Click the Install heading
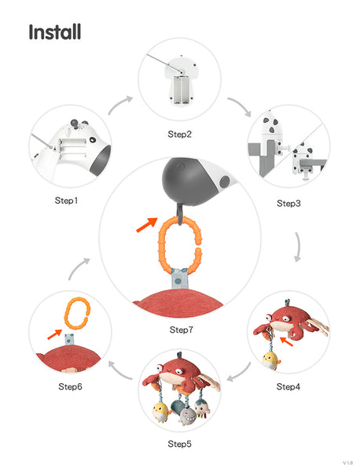[x=55, y=32]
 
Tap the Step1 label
[x=66, y=201]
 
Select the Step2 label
[x=179, y=134]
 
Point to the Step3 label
[x=288, y=204]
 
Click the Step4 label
[x=288, y=386]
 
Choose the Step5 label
[x=179, y=444]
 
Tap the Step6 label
[x=70, y=386]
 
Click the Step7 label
[x=181, y=330]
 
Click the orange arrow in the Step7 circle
[x=147, y=224]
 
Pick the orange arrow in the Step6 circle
[x=55, y=334]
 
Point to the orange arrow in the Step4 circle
[x=286, y=341]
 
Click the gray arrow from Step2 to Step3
[x=240, y=106]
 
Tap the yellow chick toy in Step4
[x=270, y=360]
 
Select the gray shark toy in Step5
[x=187, y=416]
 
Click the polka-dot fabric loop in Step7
[x=178, y=278]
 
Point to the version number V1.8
[x=347, y=463]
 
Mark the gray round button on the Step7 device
[x=225, y=182]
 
